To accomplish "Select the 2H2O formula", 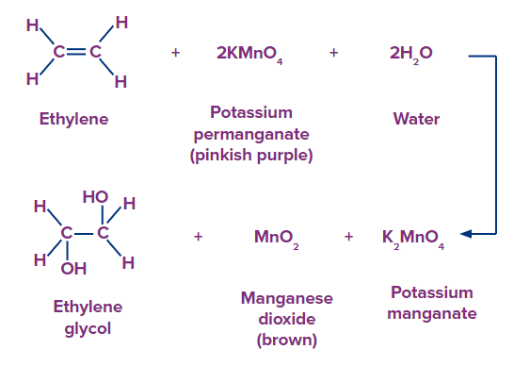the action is point(410,54).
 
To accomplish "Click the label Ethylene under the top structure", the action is point(73,120).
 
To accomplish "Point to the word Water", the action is point(416,120).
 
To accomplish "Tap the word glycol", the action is point(88,326).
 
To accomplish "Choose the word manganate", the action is point(431,313).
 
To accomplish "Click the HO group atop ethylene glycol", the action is point(95,196).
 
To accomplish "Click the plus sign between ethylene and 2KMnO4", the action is point(175,53).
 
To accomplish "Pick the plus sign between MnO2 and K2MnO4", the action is point(348,237).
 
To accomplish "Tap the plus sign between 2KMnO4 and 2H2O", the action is point(333,53).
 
